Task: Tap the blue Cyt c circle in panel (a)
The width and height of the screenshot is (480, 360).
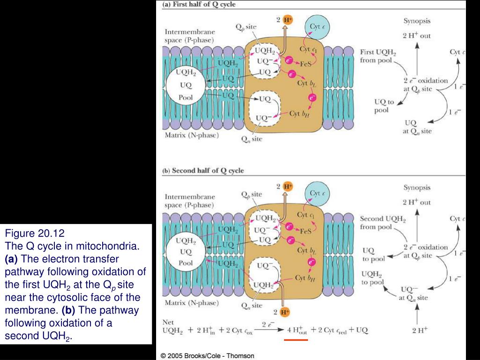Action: pyautogui.click(x=316, y=27)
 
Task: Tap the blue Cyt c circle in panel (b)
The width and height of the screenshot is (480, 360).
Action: pyautogui.click(x=315, y=193)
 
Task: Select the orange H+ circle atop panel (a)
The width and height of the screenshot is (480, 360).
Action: pyautogui.click(x=288, y=20)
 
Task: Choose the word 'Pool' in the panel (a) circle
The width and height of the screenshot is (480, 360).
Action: pyautogui.click(x=186, y=97)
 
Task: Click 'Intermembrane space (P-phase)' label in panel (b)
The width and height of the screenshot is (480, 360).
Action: pyautogui.click(x=190, y=201)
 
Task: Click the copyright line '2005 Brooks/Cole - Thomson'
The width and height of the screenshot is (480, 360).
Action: pyautogui.click(x=207, y=356)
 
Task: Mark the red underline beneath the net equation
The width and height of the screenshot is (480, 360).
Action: pyautogui.click(x=296, y=340)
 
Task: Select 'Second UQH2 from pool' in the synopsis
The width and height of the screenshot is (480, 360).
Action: pyautogui.click(x=383, y=223)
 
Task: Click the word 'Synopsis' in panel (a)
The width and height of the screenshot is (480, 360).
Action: pyautogui.click(x=417, y=21)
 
